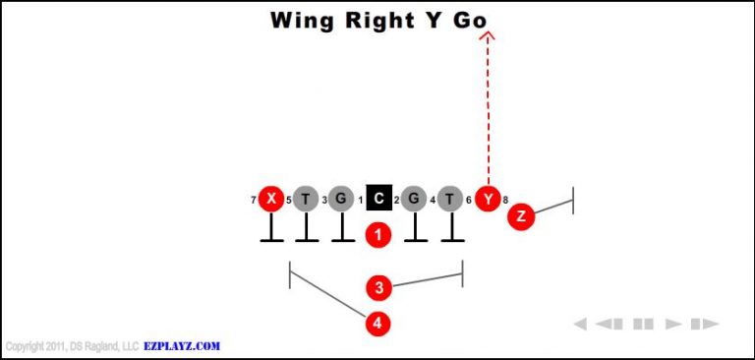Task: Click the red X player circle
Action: [x=271, y=200]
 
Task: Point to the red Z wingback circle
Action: [x=520, y=216]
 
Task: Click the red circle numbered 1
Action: [x=378, y=235]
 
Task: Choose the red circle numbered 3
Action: [x=378, y=288]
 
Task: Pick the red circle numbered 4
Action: [x=378, y=323]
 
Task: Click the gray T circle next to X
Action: [x=307, y=200]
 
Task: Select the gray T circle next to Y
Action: [x=450, y=200]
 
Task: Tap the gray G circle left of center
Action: [x=341, y=200]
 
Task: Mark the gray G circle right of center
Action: [x=414, y=200]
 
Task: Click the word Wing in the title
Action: [x=304, y=20]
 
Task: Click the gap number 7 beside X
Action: [x=254, y=201]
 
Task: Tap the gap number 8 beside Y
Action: [x=505, y=201]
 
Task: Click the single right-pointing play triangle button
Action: [x=673, y=324]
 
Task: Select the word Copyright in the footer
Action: [x=27, y=346]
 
